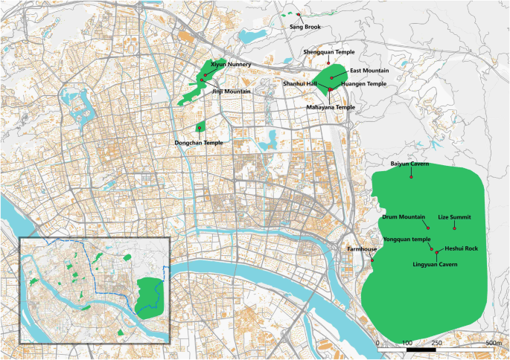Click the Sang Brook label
pos(305,27)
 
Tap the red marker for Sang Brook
pos(299,15)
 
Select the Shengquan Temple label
pos(328,52)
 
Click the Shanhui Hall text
pos(300,84)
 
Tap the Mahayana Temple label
pos(331,107)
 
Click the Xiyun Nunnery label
pos(231,65)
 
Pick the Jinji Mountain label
pos(232,91)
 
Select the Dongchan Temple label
pos(198,142)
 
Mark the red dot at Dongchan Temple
pos(200,129)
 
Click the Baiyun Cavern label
pos(409,163)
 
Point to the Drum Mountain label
pos(403,216)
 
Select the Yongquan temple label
pos(407,240)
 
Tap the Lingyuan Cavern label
pos(434,264)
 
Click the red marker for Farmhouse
pos(373,260)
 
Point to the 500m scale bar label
pos(493,343)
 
